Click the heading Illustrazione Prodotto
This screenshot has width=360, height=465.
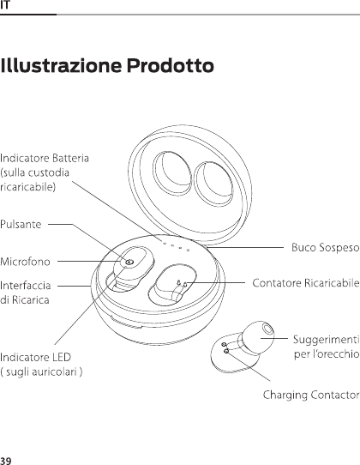tap(107, 65)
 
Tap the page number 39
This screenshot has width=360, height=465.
tap(6, 461)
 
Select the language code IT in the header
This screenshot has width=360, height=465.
tap(5, 5)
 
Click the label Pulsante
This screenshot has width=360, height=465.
tap(21, 224)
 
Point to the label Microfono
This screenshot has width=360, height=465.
tap(25, 262)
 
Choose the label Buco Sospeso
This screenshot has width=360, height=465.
tap(326, 247)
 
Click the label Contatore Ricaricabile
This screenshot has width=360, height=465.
tap(306, 283)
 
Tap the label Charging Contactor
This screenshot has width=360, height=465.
tap(311, 396)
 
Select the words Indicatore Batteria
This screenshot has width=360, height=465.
tap(45, 158)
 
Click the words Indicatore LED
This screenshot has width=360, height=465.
tap(35, 357)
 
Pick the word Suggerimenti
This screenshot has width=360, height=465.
tap(327, 340)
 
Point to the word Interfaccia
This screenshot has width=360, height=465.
tap(26, 286)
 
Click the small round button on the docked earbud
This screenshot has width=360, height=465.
tap(129, 263)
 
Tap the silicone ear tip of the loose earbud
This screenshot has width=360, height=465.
tap(257, 337)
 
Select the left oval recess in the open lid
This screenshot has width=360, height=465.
tap(172, 173)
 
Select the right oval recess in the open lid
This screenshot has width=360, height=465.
tap(213, 184)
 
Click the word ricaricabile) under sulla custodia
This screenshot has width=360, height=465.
tap(27, 187)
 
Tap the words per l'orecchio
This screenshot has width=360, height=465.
tap(327, 354)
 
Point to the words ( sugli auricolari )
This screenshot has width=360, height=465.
tap(41, 371)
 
